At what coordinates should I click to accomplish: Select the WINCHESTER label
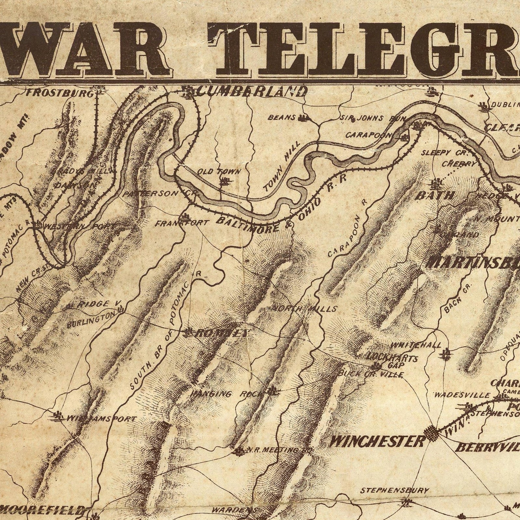point(377,441)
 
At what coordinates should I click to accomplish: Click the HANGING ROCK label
point(226,394)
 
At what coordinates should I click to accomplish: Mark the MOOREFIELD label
point(42,509)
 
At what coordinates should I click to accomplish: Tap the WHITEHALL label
point(417,344)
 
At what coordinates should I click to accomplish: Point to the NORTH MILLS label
point(304,308)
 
